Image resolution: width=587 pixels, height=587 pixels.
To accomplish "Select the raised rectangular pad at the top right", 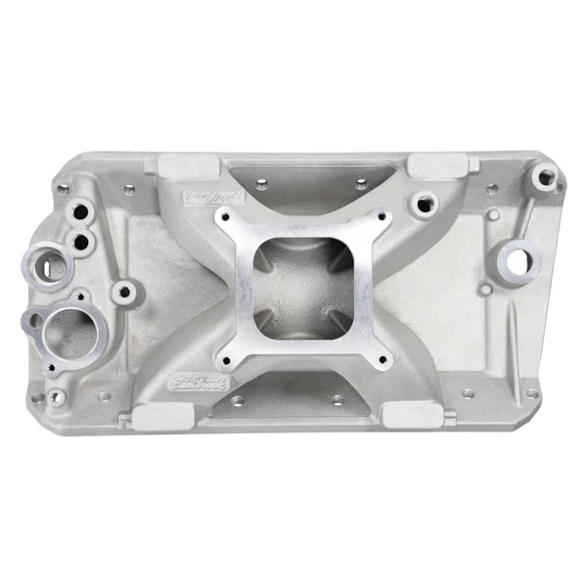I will [x=427, y=165].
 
